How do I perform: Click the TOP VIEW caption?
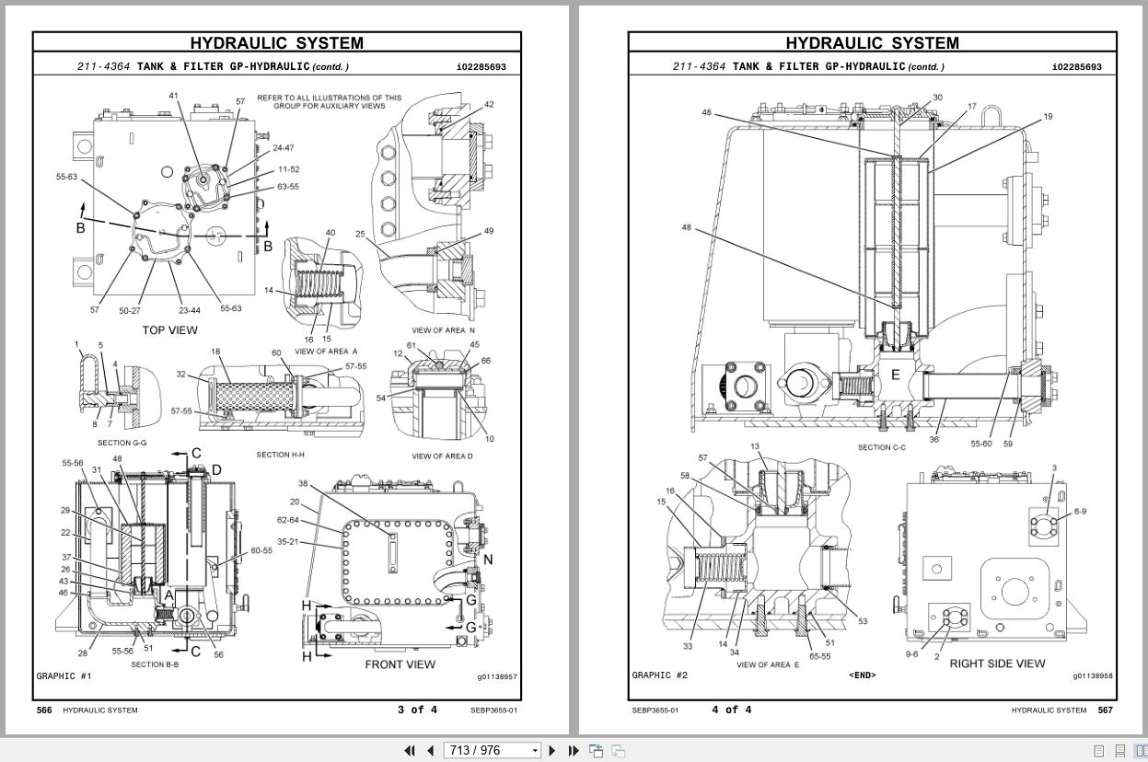[169, 330]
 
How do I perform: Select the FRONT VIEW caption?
[400, 664]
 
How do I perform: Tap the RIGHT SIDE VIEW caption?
[997, 664]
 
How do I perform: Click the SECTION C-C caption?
[882, 448]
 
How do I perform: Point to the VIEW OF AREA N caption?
[443, 330]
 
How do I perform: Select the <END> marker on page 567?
[862, 675]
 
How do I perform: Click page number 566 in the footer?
[43, 710]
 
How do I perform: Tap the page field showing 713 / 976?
[488, 750]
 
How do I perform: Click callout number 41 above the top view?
[173, 96]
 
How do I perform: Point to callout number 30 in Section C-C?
[937, 98]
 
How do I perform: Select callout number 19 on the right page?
[1048, 117]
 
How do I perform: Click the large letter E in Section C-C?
[894, 375]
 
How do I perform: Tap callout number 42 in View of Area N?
[489, 104]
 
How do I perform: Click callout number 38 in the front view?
[303, 483]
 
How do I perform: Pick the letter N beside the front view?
[488, 559]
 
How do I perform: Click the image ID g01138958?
[1092, 676]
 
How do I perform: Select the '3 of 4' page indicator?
[417, 710]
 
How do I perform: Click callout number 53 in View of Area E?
[863, 621]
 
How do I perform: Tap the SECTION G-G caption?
[122, 444]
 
